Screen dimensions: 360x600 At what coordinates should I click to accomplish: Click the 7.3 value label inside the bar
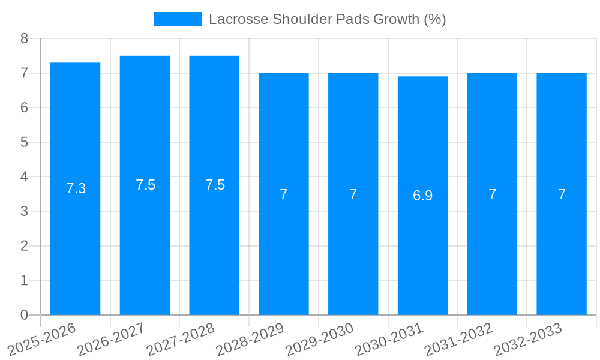point(76,188)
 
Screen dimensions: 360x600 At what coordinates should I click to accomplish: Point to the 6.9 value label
point(422,196)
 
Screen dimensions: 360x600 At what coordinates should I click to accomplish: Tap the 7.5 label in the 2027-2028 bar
point(215,185)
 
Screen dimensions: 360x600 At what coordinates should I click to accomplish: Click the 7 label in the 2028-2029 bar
point(284,194)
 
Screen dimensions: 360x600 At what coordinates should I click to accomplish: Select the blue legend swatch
point(177,19)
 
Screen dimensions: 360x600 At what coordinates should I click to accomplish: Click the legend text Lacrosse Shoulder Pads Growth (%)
point(327,19)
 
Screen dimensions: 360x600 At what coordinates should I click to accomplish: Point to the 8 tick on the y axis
point(24,38)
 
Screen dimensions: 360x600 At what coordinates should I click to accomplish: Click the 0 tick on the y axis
point(24,315)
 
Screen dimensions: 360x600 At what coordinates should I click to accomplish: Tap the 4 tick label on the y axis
point(24,177)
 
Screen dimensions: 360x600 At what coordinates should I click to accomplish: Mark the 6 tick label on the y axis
point(24,108)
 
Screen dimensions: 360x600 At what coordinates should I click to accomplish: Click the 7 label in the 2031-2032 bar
point(492,194)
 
